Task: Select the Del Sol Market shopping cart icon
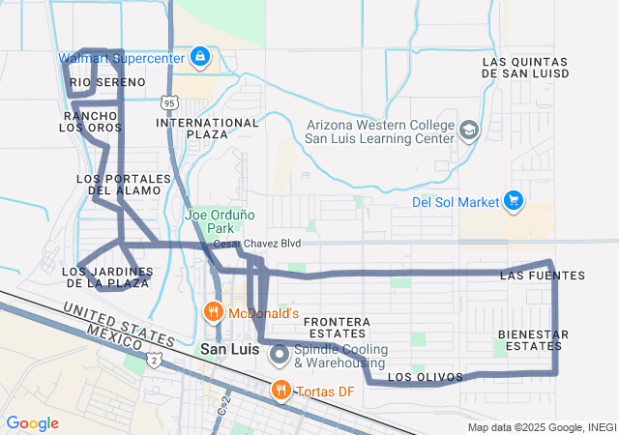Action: click(x=514, y=201)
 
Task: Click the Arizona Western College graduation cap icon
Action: click(x=468, y=129)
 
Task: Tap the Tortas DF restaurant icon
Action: click(x=280, y=390)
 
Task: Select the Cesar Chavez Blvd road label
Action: click(x=256, y=244)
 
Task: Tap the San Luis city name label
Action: click(x=230, y=349)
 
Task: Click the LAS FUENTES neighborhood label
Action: click(x=543, y=276)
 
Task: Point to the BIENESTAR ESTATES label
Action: click(x=533, y=339)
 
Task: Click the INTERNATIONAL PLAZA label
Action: click(x=208, y=129)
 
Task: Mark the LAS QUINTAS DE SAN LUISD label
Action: click(x=525, y=67)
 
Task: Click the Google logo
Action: click(x=33, y=423)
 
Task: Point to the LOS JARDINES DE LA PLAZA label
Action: click(x=107, y=277)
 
